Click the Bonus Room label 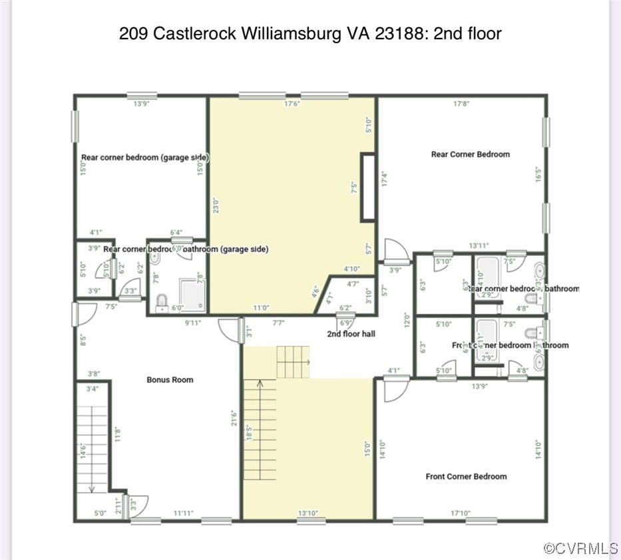click(170, 380)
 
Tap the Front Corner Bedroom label click(466, 476)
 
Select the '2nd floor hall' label click(351, 333)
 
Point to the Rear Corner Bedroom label click(470, 154)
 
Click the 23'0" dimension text click(216, 208)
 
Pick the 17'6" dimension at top click(293, 104)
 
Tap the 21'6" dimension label click(234, 422)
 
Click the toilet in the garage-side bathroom click(161, 303)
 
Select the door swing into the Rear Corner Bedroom click(396, 251)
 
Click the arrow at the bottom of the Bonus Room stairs click(92, 488)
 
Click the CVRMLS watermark click(580, 549)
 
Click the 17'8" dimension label click(461, 104)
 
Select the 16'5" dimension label click(538, 174)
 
